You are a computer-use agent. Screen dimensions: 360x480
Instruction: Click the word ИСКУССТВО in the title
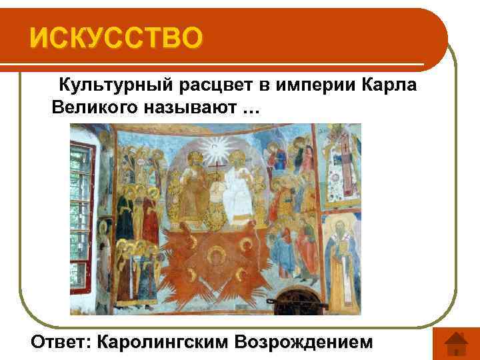(114, 39)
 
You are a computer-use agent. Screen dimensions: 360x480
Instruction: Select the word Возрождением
(311, 341)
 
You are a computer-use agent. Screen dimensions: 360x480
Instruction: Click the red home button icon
(455, 343)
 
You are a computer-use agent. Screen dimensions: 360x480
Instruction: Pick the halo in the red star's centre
(215, 255)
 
